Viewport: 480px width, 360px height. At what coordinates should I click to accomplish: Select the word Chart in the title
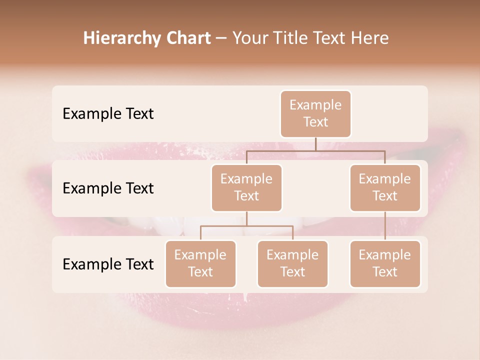coord(187,38)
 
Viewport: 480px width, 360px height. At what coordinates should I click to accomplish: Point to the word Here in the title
coord(370,38)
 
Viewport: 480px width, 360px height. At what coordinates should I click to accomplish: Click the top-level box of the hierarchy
coord(315,113)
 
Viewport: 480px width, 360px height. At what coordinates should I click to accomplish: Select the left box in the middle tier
coord(246,187)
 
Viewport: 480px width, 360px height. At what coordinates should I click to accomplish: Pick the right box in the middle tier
coord(385,187)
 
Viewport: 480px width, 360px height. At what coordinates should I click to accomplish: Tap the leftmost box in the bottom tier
coord(200,263)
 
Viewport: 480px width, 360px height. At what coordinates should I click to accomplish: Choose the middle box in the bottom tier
coord(292,263)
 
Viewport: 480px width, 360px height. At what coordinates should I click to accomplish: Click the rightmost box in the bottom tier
coord(385,263)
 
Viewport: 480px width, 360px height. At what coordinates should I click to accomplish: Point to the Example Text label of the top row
coord(108,113)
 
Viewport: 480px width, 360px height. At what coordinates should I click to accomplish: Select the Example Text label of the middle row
coord(108,188)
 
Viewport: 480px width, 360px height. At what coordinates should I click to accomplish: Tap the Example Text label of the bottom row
coord(108,264)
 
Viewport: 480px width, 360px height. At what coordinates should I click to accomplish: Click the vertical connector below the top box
coord(315,143)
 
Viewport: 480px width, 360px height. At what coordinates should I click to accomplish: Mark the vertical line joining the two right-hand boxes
coord(385,226)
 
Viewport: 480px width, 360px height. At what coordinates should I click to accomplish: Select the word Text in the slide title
coord(330,38)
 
